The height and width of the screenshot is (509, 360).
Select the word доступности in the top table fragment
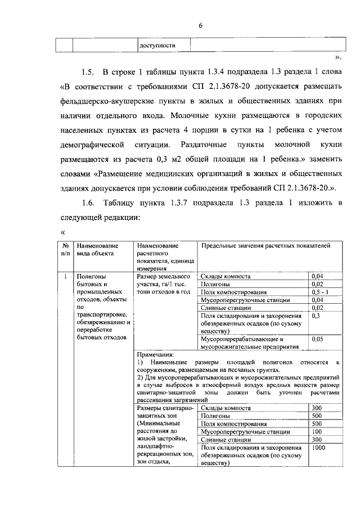tap(157, 46)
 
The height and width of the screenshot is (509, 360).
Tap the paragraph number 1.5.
tap(87, 73)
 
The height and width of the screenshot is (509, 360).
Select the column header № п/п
tap(65, 250)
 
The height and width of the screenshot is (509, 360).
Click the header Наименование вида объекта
tap(98, 250)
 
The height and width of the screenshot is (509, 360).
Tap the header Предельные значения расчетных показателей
tap(265, 246)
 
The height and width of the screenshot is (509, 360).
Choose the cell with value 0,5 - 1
tap(321, 292)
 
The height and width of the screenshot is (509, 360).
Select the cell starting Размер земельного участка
tap(164, 284)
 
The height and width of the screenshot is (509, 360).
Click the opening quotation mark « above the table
tap(63, 232)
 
